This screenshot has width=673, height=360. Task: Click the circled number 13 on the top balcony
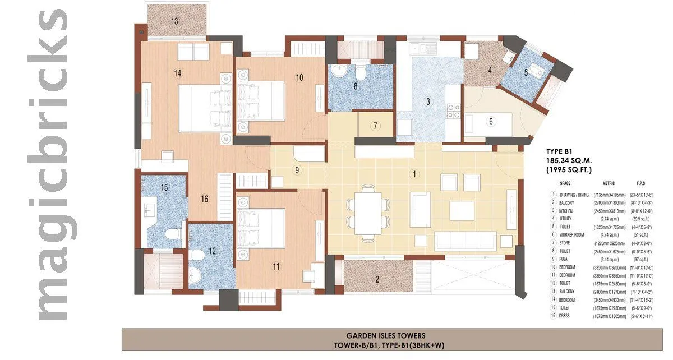tap(175, 21)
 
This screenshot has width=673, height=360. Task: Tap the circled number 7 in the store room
tap(375, 126)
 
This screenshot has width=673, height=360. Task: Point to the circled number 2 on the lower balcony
tap(378, 279)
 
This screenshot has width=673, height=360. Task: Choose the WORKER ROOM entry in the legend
tap(571, 234)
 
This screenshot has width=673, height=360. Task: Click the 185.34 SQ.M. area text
tap(569, 160)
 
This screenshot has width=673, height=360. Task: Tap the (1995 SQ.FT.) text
tap(569, 169)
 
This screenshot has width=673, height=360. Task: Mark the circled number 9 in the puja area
tap(297, 170)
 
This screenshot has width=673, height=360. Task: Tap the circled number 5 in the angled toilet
tap(526, 72)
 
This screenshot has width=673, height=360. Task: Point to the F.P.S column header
tap(643, 183)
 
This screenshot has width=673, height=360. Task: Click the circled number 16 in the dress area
tap(204, 199)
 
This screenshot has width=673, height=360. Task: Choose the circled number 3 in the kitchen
tap(428, 101)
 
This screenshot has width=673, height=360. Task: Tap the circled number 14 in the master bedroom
tap(178, 73)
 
